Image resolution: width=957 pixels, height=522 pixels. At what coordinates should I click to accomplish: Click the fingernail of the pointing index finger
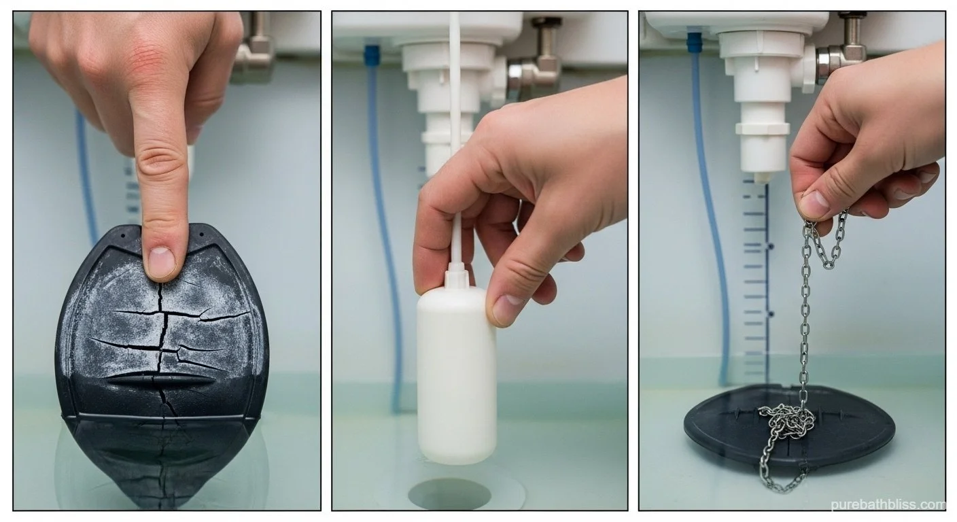point(161,262)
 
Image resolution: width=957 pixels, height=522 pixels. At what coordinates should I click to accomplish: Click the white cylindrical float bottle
point(456,374)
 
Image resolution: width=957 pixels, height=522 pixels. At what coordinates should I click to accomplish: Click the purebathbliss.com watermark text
point(888,504)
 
